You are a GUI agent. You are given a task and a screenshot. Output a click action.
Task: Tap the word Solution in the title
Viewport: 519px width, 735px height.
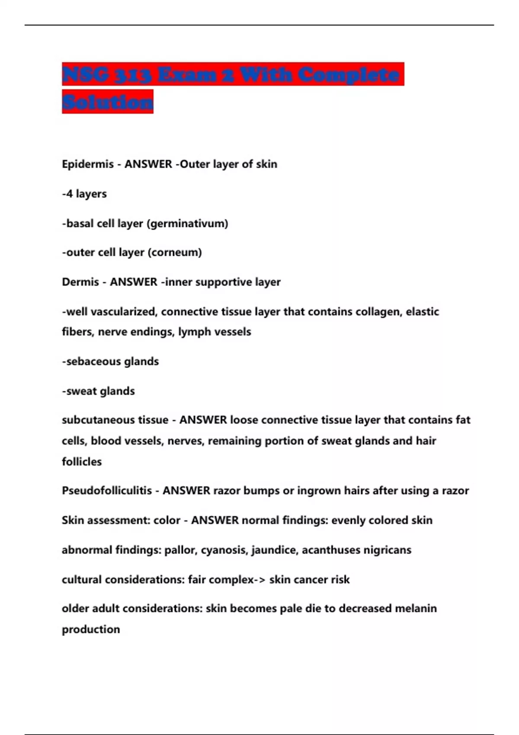108,102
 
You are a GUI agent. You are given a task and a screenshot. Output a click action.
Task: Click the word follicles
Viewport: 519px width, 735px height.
82,462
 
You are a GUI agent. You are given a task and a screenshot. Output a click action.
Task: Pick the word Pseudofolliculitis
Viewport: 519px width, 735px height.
107,491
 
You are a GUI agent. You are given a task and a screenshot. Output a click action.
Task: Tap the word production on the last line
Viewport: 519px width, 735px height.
91,630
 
